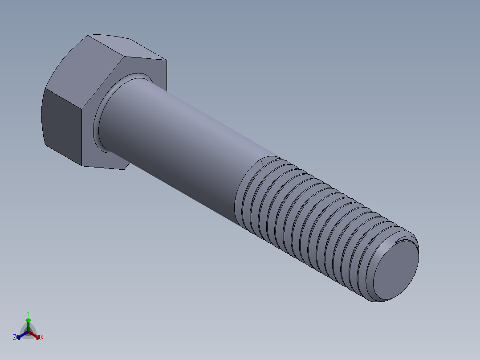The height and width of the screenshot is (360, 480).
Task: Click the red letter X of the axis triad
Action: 42,338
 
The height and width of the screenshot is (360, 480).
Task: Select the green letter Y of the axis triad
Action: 28,313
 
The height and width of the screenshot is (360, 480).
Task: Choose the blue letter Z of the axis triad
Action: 15,338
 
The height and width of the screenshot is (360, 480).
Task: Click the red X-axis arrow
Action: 35,335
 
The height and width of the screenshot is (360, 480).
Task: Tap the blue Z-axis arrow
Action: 21,335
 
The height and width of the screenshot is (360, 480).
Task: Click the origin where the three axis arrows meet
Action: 28,331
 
